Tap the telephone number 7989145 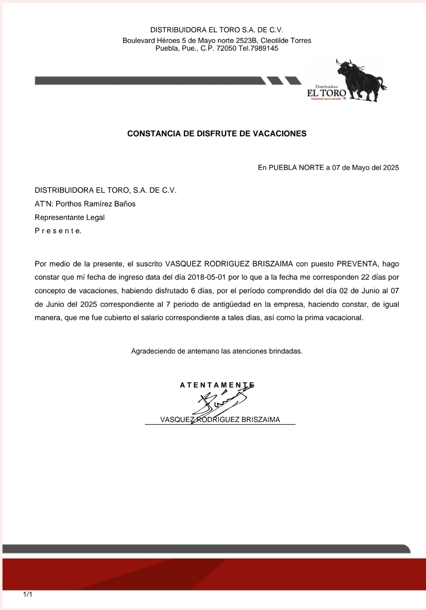[264, 48]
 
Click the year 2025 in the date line [391, 168]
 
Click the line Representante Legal [70, 217]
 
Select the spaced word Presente [58, 231]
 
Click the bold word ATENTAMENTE [217, 385]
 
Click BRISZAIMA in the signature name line [261, 420]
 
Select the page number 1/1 [27, 594]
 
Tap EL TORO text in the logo [326, 93]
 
